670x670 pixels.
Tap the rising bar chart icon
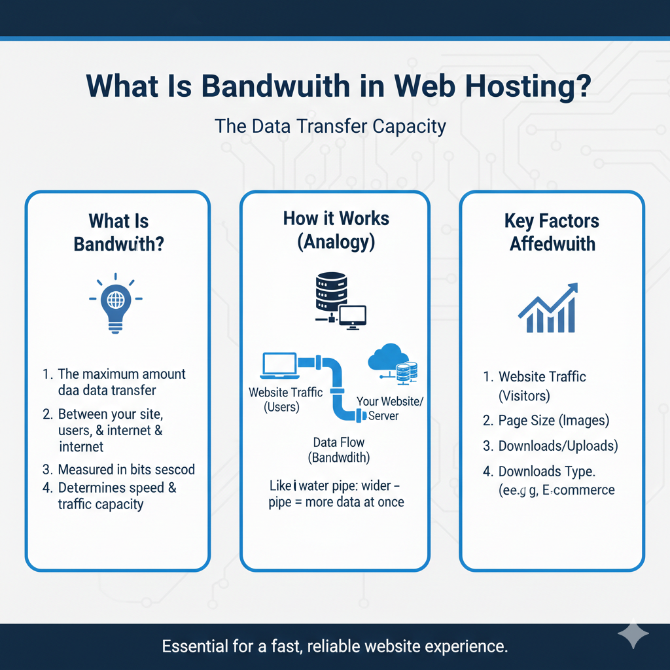[x=548, y=309]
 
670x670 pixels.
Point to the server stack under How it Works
[x=325, y=293]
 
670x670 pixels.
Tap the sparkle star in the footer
[x=633, y=635]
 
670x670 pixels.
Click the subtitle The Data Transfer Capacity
[x=330, y=126]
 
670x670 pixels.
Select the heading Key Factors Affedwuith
[x=552, y=232]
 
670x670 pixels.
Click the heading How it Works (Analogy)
[x=336, y=230]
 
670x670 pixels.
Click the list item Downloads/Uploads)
[x=557, y=446]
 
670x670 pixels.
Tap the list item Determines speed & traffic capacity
[x=116, y=496]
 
